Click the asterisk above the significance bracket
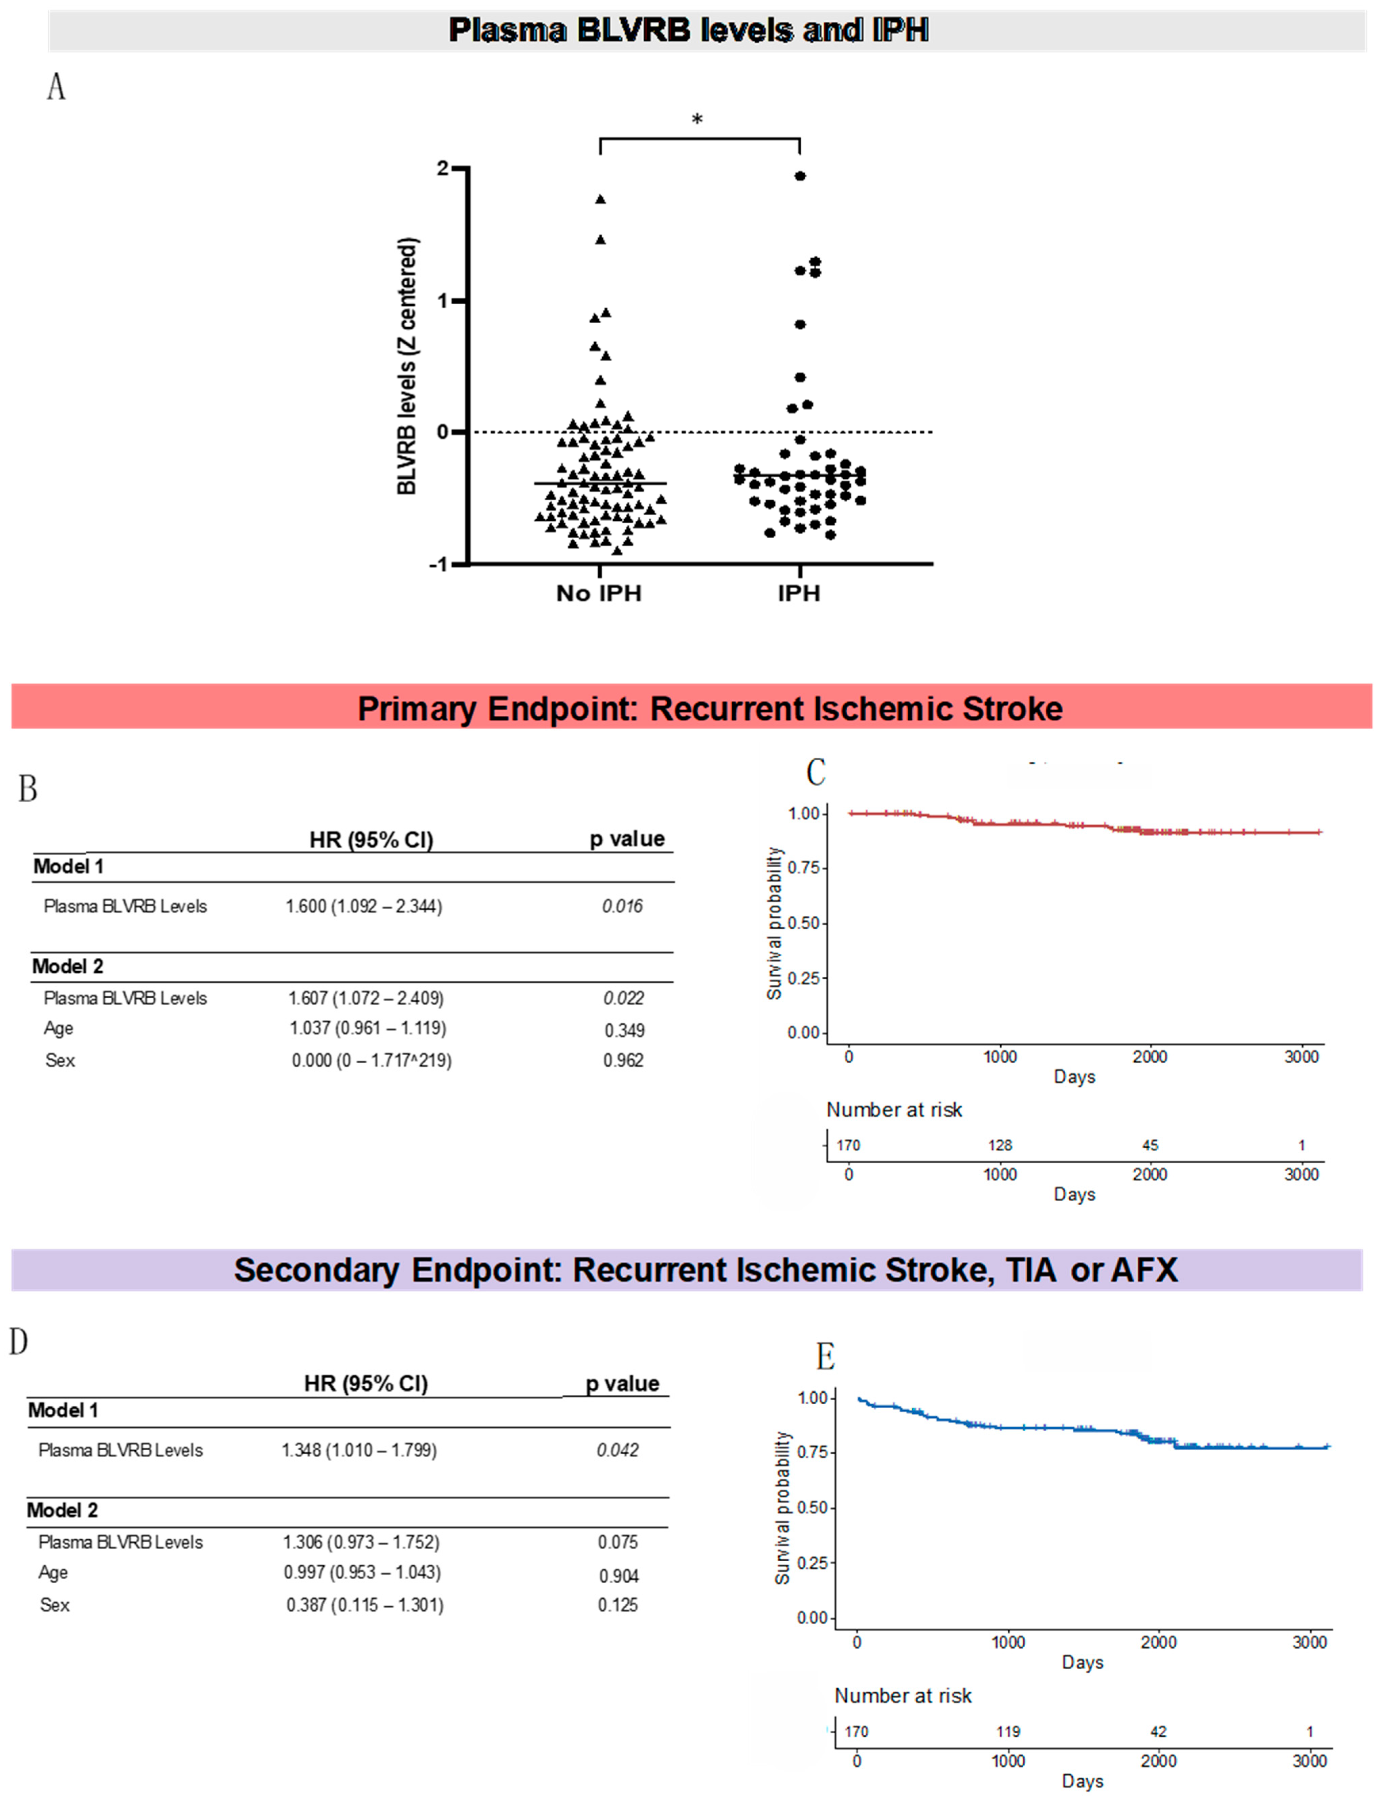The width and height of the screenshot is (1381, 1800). [697, 120]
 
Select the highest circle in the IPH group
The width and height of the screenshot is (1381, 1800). [800, 176]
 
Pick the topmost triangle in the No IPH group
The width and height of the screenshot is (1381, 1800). [601, 199]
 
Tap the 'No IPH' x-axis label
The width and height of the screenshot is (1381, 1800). [598, 594]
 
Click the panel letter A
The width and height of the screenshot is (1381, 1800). [56, 86]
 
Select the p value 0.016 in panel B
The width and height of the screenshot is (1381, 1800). [622, 906]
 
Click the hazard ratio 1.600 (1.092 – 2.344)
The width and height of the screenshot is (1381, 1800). [363, 906]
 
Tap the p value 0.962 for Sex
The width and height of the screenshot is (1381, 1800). [623, 1060]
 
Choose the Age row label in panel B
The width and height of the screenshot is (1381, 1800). [58, 1028]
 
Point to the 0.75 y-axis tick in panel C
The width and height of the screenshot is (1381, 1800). [803, 868]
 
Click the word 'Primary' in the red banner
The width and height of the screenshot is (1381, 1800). [417, 709]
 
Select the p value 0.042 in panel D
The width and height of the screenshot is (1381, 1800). [617, 1450]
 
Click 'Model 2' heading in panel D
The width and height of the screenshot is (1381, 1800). [63, 1510]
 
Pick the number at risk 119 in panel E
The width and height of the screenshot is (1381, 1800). [1008, 1731]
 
